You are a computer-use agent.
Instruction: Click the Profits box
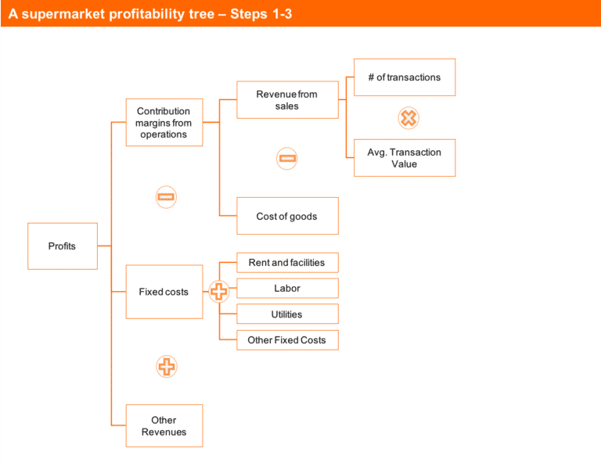tap(63, 246)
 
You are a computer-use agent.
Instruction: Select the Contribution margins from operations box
tap(164, 123)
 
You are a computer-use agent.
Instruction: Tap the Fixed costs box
tap(164, 292)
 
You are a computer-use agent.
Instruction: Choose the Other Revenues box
tap(164, 426)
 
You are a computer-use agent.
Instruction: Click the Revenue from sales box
tap(287, 100)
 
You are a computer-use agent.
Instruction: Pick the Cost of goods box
tap(287, 216)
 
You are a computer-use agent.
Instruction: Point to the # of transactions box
tap(404, 77)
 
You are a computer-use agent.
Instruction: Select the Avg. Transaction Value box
tap(404, 158)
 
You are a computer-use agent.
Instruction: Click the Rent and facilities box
tap(287, 263)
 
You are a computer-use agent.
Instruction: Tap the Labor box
tap(287, 289)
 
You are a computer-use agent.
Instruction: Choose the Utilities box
tap(287, 314)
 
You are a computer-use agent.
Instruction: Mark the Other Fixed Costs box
tap(287, 340)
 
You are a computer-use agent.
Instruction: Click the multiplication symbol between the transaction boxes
tap(408, 118)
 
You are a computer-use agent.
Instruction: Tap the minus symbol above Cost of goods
tap(287, 159)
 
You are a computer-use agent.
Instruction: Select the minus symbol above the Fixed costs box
tap(166, 197)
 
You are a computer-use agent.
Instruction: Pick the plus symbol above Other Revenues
tap(166, 366)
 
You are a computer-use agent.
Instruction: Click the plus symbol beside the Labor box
tap(219, 293)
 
